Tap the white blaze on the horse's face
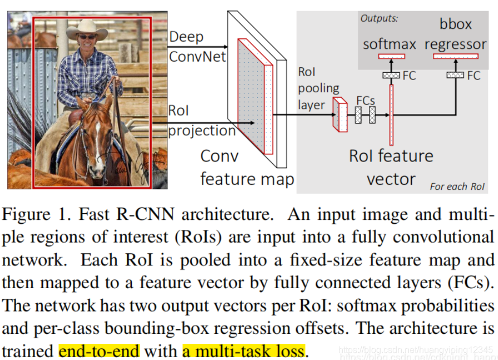(98, 134)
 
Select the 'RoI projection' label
(195, 121)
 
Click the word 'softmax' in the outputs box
(389, 44)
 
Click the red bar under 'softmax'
(391, 56)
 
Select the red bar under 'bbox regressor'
(456, 56)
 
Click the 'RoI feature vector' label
(391, 167)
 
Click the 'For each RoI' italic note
(457, 186)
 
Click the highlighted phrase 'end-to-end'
(100, 351)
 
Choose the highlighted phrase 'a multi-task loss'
(244, 351)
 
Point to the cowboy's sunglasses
(86, 37)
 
